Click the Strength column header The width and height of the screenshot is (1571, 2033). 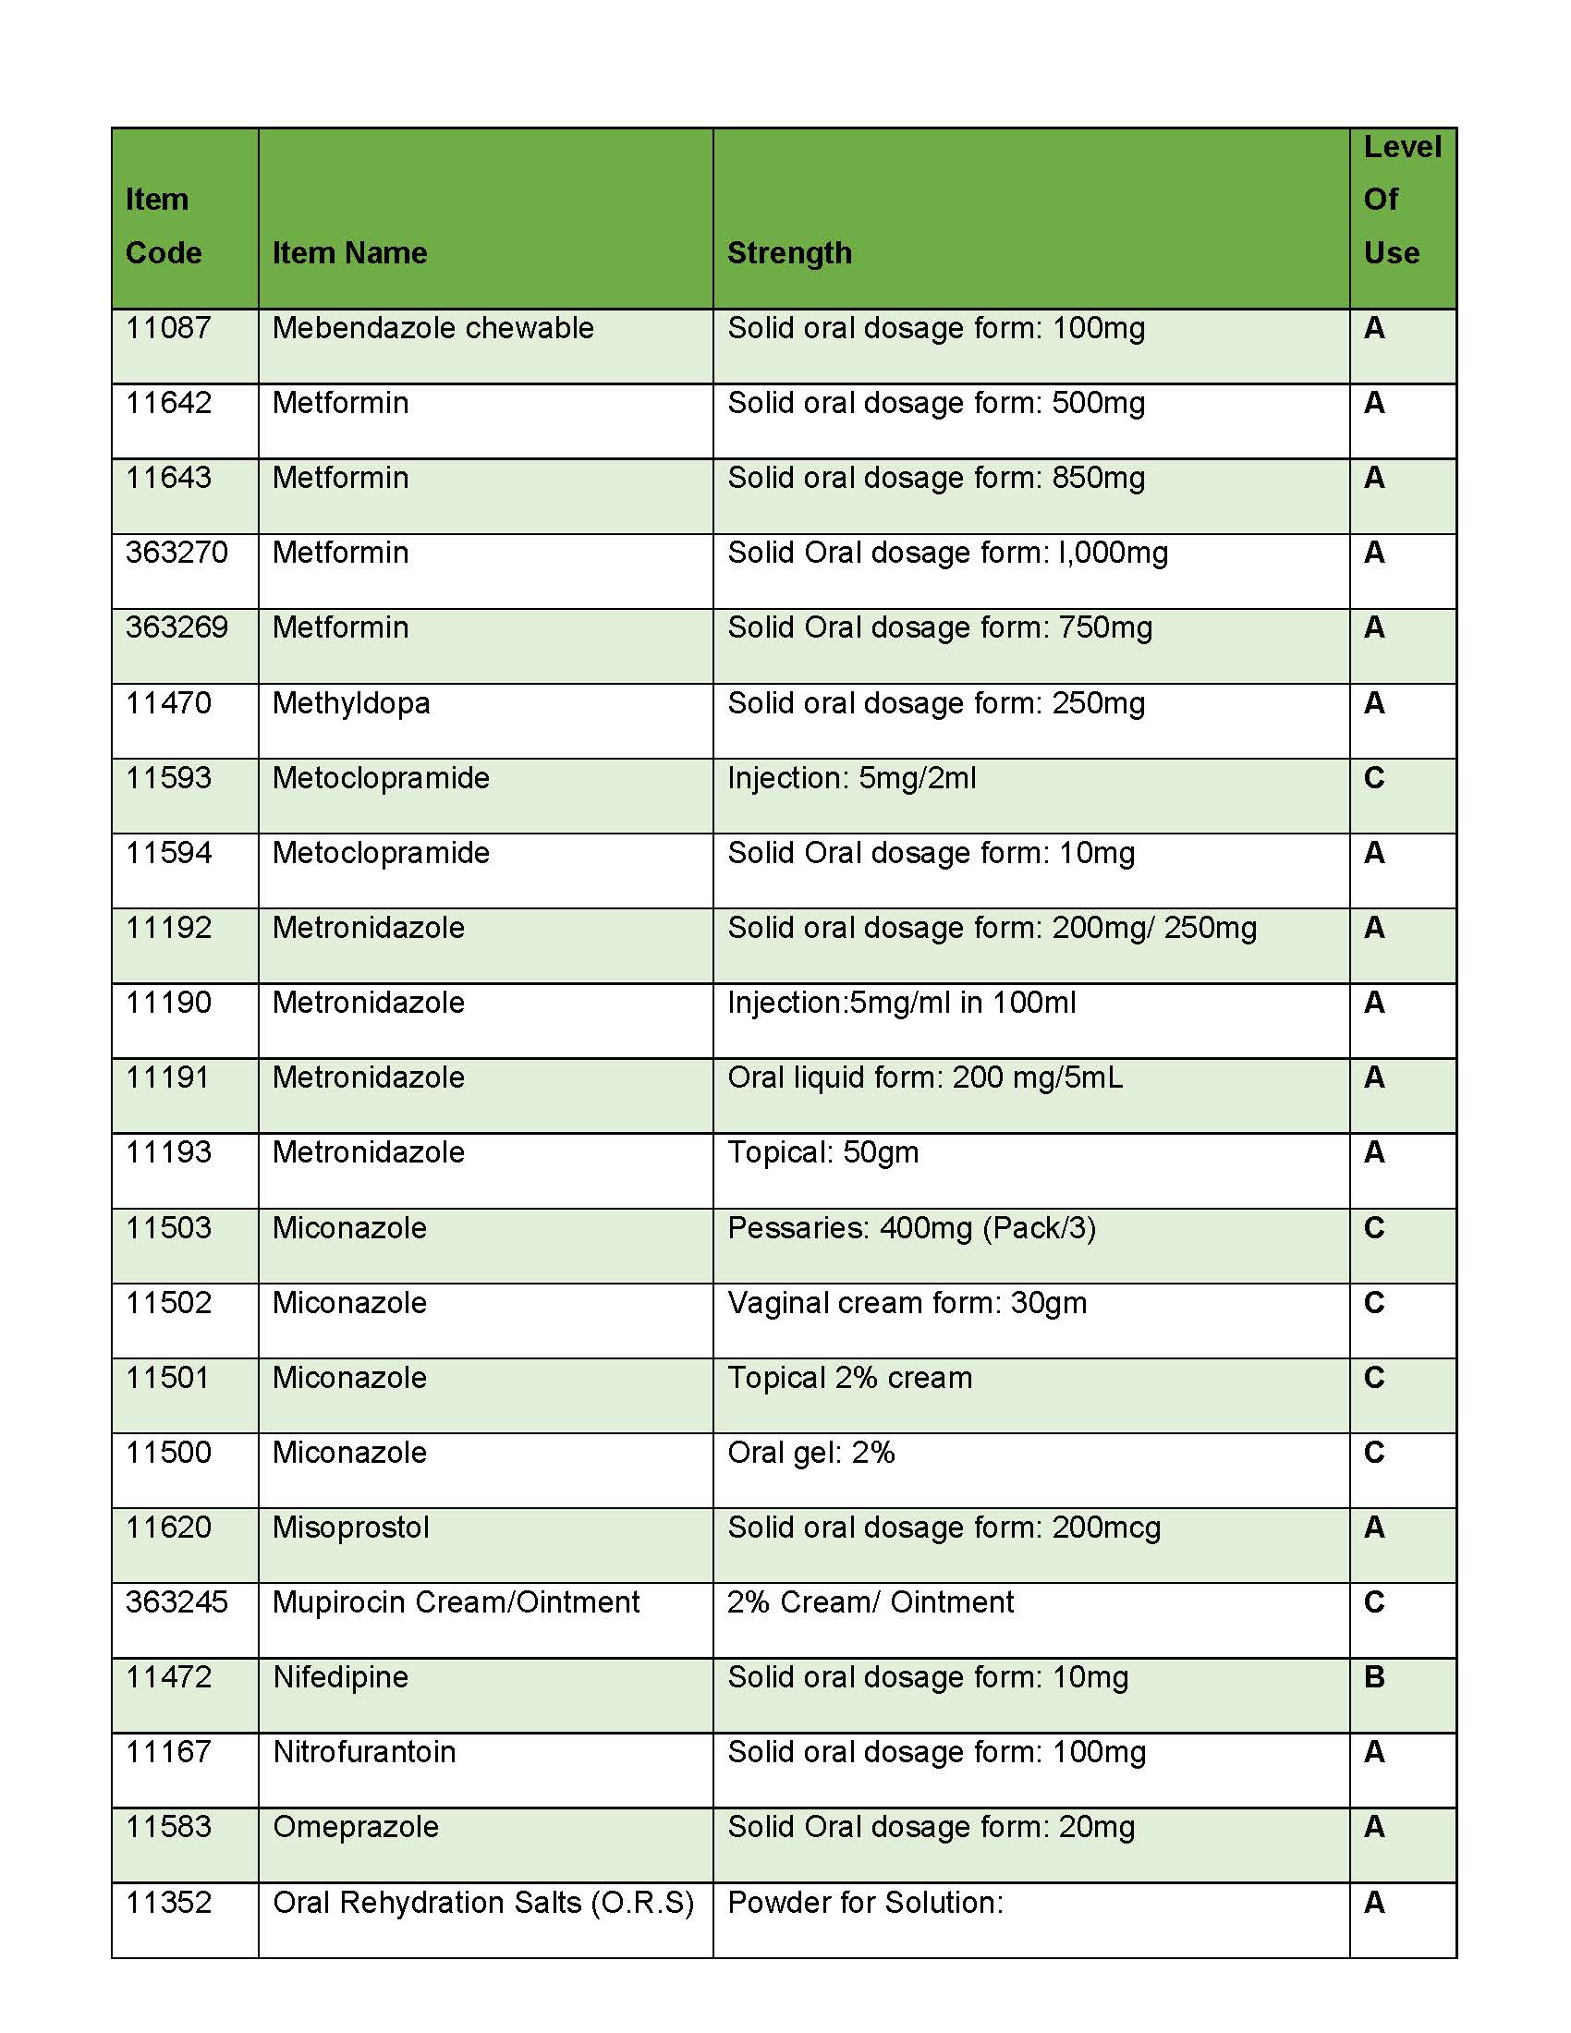(x=789, y=253)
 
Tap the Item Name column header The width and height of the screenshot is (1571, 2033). (x=349, y=253)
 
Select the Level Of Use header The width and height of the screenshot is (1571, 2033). (x=1402, y=200)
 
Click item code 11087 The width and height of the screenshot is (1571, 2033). (x=168, y=329)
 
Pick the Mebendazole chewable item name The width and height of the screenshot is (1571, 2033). (x=432, y=329)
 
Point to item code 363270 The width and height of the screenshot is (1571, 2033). (x=176, y=553)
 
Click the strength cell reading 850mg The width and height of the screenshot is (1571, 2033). (x=935, y=479)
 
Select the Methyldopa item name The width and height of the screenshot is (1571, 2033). (x=351, y=704)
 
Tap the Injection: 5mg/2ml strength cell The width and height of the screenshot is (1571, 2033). (x=852, y=778)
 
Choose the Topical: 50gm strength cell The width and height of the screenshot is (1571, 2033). (x=822, y=1153)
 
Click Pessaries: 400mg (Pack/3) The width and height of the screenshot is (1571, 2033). (x=911, y=1229)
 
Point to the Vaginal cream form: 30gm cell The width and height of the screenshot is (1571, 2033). (x=907, y=1303)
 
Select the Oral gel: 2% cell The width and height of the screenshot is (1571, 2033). (x=810, y=1453)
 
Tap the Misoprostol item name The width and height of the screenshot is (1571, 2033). (x=351, y=1528)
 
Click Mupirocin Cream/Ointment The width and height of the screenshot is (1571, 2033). (x=456, y=1603)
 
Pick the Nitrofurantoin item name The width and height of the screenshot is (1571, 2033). (x=364, y=1753)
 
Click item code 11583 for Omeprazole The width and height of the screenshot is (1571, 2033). (x=168, y=1827)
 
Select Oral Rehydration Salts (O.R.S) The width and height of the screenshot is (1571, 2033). (x=483, y=1903)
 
